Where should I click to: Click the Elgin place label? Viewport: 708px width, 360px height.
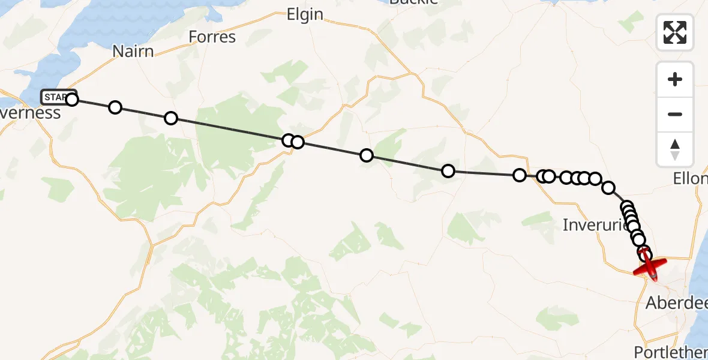305,15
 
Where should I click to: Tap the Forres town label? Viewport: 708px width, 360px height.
212,37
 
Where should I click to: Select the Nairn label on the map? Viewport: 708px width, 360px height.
133,51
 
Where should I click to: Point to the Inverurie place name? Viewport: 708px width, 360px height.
595,225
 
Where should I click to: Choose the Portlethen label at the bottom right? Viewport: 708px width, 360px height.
671,351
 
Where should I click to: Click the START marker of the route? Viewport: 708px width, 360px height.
58,97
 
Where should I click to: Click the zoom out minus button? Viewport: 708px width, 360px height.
675,114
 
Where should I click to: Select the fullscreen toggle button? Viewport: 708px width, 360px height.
675,32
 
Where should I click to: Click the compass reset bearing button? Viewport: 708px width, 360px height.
675,149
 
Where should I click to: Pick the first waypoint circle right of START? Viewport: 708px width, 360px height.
115,107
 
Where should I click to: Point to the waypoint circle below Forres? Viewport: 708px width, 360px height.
171,118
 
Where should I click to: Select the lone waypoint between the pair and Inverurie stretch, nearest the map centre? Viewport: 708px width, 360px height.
366,156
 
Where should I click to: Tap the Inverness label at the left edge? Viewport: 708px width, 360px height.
30,113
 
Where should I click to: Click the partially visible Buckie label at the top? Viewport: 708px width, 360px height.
413,2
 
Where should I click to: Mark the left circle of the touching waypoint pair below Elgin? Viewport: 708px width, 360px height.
288,140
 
